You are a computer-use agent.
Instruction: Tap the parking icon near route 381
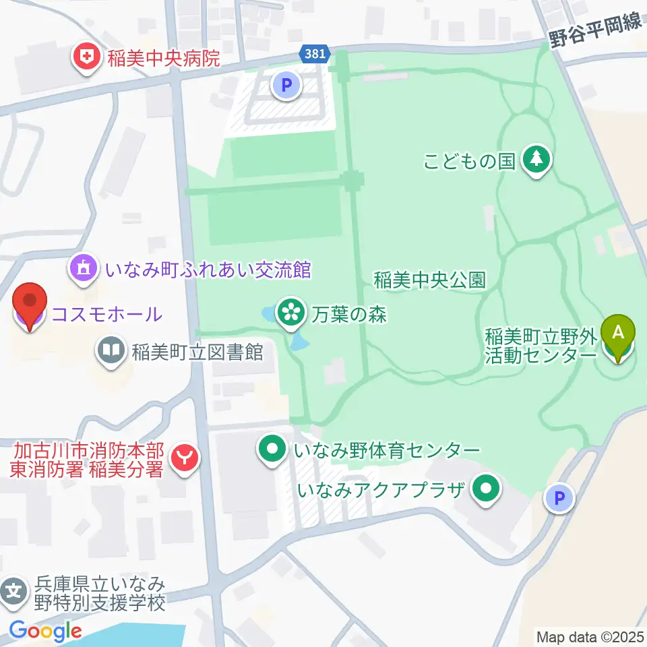[x=286, y=85]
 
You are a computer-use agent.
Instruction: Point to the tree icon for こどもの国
[x=536, y=160]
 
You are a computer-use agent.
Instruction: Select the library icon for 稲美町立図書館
[x=111, y=350]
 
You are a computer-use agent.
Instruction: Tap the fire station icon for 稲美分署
[x=183, y=459]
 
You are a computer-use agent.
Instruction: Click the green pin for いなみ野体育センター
[x=273, y=450]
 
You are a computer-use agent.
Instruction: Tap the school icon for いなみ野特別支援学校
[x=14, y=592]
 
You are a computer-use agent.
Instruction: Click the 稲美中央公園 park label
[x=430, y=280]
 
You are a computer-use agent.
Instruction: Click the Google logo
[x=45, y=631]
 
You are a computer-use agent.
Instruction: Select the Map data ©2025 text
[x=590, y=636]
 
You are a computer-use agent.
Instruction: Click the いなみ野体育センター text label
[x=387, y=450]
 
